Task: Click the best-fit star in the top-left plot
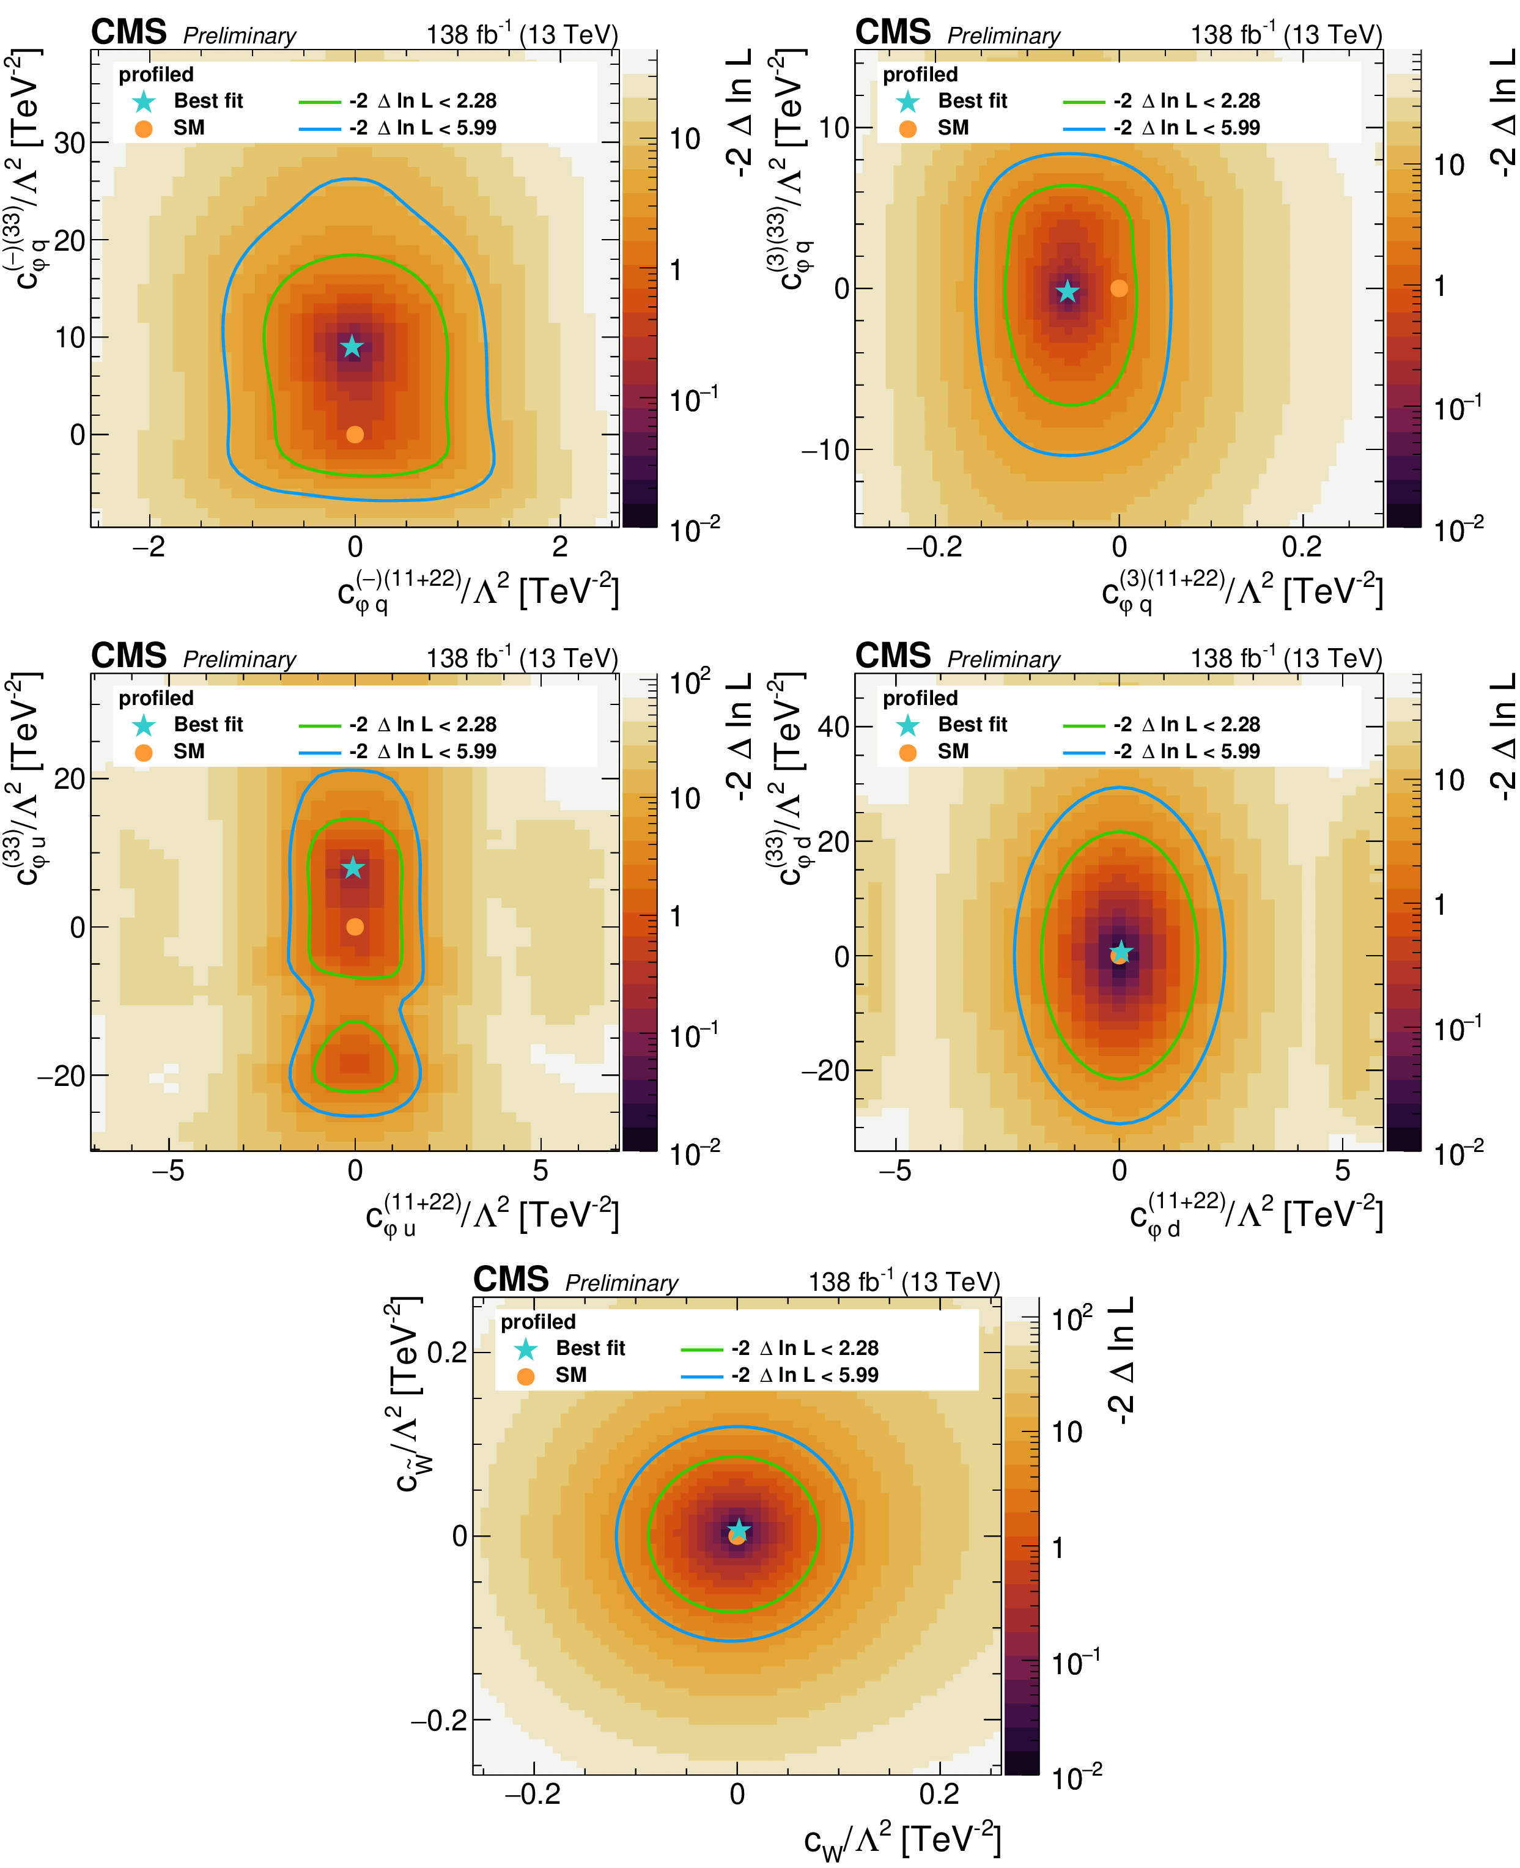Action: tap(351, 347)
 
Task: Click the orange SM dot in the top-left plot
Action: tap(355, 434)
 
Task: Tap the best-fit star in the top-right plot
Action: tap(1066, 292)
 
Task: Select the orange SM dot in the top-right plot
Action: tap(1119, 288)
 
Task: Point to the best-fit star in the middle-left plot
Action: tap(353, 868)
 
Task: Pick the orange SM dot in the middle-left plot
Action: tap(355, 926)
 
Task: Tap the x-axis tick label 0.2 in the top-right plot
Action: tap(1301, 547)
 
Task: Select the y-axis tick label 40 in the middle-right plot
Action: tap(833, 727)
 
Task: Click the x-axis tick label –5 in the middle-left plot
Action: tap(168, 1171)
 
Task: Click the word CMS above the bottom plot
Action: tap(511, 1280)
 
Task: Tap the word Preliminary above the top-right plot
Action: tap(1003, 36)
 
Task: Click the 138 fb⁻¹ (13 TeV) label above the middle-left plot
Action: tap(522, 659)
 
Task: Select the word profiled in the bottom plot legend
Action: tap(537, 1321)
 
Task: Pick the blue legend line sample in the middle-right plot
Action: tap(1084, 752)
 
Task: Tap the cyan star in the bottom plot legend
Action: tap(525, 1349)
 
